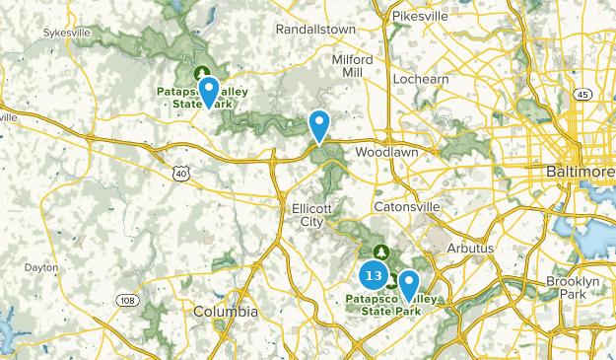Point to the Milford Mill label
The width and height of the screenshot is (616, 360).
click(x=352, y=66)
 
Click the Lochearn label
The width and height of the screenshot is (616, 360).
click(x=420, y=78)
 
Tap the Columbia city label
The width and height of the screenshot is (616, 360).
click(x=225, y=312)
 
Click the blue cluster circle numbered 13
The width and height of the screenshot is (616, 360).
click(x=373, y=273)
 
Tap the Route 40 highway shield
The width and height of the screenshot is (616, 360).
click(x=179, y=174)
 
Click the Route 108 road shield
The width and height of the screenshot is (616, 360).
click(x=127, y=300)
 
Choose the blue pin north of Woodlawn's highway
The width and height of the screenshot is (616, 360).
click(x=319, y=125)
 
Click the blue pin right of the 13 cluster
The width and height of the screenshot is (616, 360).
click(x=406, y=286)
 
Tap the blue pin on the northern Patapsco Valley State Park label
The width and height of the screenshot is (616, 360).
click(x=208, y=92)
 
